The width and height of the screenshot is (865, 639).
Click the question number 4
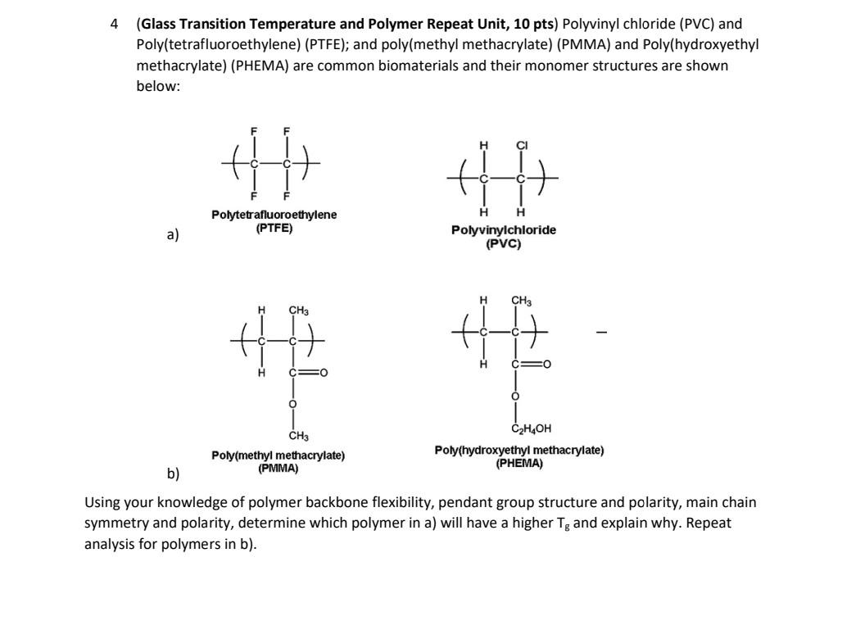click(x=115, y=25)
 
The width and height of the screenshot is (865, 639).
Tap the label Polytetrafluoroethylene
click(x=274, y=215)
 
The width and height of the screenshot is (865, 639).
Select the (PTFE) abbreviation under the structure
click(x=274, y=228)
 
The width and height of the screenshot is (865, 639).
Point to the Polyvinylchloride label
click(x=503, y=230)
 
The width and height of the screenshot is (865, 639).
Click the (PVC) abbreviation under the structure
click(x=503, y=243)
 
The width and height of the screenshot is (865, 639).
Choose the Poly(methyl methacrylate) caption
click(x=278, y=455)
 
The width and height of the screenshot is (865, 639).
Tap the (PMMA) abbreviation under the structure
click(x=278, y=469)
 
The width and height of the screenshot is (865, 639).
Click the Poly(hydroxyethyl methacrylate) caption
click(x=519, y=450)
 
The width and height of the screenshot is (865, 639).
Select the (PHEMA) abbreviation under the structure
click(x=519, y=463)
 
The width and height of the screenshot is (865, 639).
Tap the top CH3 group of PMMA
click(x=299, y=310)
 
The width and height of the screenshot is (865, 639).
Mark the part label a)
click(x=172, y=234)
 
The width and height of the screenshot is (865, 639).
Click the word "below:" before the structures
click(x=157, y=86)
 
